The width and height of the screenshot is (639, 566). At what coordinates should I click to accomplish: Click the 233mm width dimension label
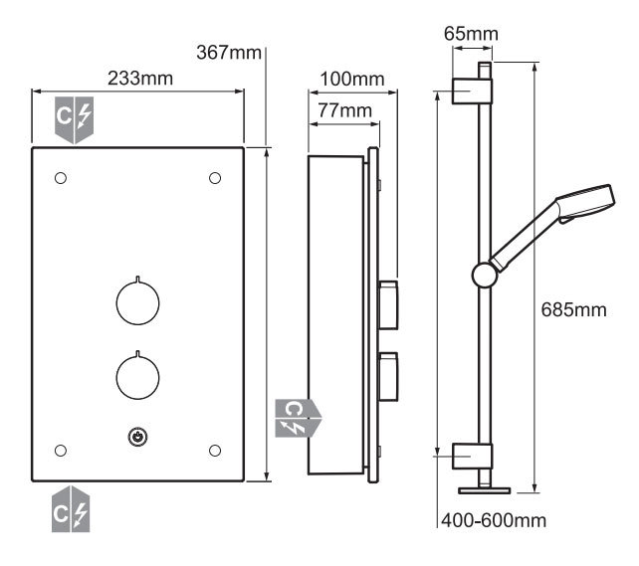(x=140, y=79)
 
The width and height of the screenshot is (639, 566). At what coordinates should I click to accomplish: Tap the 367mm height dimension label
(x=229, y=53)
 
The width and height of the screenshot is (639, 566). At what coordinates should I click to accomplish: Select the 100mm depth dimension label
(x=352, y=79)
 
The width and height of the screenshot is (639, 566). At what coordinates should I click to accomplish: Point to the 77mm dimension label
(x=344, y=110)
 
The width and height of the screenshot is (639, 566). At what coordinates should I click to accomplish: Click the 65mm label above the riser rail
(x=471, y=34)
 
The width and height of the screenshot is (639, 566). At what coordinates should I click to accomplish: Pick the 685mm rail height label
(x=573, y=310)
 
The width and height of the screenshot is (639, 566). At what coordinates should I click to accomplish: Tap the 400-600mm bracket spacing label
(x=494, y=520)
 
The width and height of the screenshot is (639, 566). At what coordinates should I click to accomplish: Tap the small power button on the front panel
(x=137, y=437)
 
